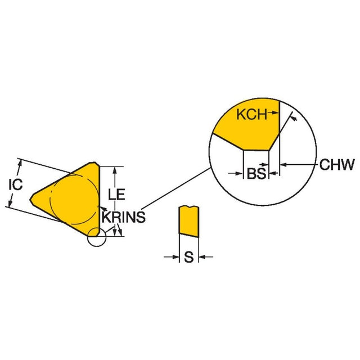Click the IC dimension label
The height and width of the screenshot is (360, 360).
click(16, 184)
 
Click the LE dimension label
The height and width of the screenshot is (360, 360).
click(116, 195)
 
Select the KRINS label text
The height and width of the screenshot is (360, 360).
click(124, 217)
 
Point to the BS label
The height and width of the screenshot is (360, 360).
click(256, 174)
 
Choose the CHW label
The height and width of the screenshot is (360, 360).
click(337, 165)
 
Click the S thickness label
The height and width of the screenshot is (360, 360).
click(189, 258)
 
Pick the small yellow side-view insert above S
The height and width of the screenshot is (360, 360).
click(188, 221)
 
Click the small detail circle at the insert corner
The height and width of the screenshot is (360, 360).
click(97, 238)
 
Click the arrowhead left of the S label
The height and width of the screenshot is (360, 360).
click(175, 258)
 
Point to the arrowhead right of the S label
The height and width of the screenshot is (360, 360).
click(203, 258)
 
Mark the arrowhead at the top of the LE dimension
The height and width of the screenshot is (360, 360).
click(115, 169)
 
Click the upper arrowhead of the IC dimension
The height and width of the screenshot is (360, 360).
click(21, 163)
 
